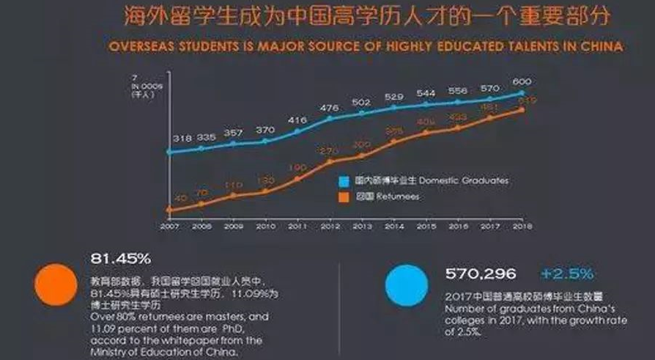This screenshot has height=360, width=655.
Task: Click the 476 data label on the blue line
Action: (x=329, y=108)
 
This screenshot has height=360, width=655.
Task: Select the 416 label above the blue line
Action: (x=297, y=120)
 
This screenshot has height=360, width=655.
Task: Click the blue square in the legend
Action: (x=342, y=180)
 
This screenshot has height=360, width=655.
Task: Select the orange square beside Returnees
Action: (x=342, y=196)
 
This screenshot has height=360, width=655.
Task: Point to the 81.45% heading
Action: (x=120, y=259)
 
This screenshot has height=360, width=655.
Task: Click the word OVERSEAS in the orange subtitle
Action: (x=140, y=46)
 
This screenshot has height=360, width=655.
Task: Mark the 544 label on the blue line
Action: (x=426, y=94)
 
